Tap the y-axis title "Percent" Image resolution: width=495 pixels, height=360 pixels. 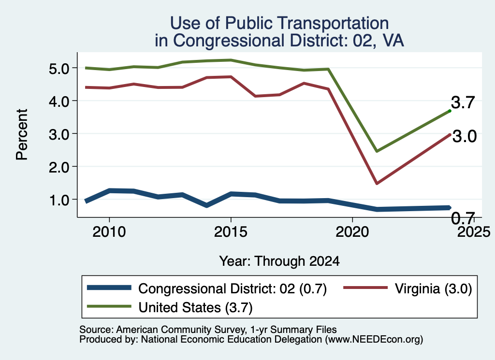[x=22, y=134]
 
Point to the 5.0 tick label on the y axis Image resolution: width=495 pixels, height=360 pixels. [x=59, y=69]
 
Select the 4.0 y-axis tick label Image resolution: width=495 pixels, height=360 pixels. [x=59, y=101]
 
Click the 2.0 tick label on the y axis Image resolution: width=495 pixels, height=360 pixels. [x=59, y=167]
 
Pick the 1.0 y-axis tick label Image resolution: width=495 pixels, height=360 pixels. [x=59, y=200]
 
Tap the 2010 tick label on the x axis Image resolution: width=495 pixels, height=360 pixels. [x=109, y=232]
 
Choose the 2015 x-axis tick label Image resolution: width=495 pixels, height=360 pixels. [x=231, y=232]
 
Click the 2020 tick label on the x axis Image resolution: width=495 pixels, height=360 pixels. [x=352, y=232]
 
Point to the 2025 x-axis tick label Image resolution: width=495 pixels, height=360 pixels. [x=474, y=232]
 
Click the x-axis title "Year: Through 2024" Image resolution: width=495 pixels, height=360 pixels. [x=279, y=261]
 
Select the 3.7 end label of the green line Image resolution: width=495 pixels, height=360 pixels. [x=463, y=102]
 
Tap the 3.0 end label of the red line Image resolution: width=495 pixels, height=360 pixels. [x=465, y=136]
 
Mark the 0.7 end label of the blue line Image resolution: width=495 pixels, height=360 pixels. [x=463, y=218]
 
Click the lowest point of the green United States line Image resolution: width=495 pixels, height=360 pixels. [x=377, y=151]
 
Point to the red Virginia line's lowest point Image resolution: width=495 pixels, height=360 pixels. [x=377, y=183]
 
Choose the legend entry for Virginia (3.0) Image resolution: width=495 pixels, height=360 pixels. [x=408, y=288]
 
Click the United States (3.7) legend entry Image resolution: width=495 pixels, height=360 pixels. [x=170, y=307]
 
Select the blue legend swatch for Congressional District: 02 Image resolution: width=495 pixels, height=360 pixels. [x=109, y=288]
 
